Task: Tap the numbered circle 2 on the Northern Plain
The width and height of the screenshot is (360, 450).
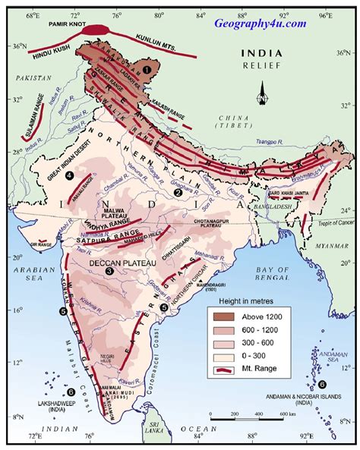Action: coord(177,193)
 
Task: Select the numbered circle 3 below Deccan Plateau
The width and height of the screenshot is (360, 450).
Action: coord(109,271)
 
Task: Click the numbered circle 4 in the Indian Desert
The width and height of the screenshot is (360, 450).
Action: coord(69,176)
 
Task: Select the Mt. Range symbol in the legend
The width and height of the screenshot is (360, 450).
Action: coord(226,370)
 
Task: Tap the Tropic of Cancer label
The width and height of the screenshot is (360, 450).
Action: coord(331,220)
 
